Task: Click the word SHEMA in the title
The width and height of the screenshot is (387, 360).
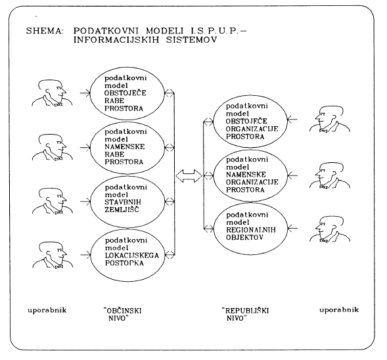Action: point(45,31)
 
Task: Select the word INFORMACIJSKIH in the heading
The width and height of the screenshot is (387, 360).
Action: point(116,40)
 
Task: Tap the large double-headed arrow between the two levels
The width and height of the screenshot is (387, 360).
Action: point(189,176)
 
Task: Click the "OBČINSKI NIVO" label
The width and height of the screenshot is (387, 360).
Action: point(123,314)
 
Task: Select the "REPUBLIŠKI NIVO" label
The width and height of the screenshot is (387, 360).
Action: point(245,314)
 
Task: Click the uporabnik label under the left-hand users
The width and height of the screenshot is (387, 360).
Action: point(47,310)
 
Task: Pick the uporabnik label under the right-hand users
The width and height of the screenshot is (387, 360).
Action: point(339,309)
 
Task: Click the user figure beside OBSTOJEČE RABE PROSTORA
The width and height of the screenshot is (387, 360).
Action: point(52,93)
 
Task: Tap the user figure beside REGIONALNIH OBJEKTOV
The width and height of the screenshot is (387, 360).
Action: point(330,229)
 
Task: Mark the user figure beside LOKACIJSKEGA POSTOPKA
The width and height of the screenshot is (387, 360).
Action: point(53,255)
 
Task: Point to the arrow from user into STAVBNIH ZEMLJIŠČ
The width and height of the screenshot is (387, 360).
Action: point(85,201)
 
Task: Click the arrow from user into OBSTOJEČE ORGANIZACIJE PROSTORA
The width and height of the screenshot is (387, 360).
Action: point(292,120)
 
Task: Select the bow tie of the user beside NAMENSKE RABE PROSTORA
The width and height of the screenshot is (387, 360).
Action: point(58,159)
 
